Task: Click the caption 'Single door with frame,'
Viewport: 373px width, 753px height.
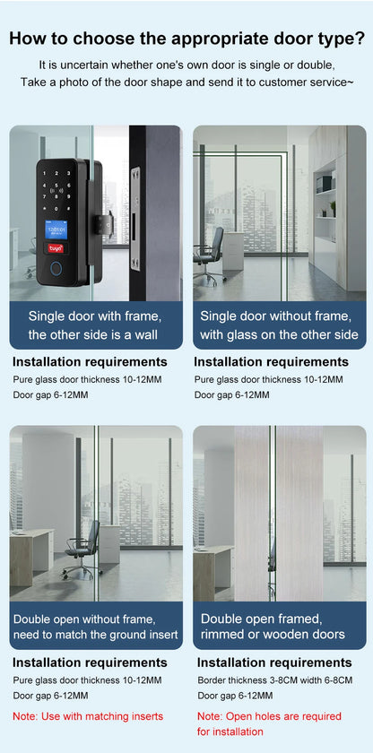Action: pos(94,316)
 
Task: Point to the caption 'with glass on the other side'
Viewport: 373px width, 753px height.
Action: pos(279,334)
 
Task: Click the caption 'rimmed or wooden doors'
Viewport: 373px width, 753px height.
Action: pos(273,634)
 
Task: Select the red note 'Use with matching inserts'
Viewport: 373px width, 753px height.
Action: pos(88,716)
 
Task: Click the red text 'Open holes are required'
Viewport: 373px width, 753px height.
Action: pos(269,716)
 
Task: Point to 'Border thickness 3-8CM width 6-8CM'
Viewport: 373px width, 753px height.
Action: pos(274,680)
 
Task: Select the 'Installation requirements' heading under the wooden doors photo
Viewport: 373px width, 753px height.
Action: pos(273,662)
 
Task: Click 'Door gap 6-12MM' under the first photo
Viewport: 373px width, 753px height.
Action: pos(50,394)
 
